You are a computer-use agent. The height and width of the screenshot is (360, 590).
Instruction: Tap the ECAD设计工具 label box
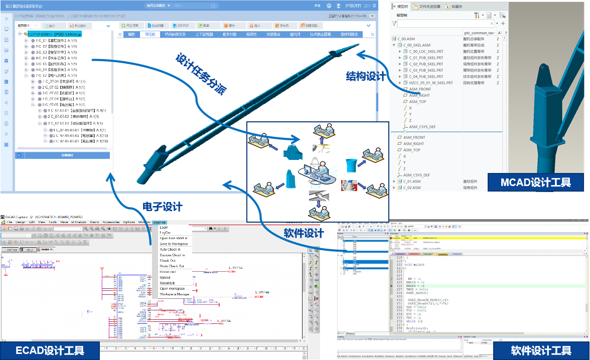50,350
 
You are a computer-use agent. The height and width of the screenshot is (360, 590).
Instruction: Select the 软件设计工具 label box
541,350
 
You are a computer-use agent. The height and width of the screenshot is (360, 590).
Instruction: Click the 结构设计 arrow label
366,76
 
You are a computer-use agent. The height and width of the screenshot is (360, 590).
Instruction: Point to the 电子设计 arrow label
163,206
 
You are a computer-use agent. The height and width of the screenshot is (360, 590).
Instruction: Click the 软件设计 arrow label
304,233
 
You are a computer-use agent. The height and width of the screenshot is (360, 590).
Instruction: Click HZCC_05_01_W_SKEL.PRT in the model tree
431,83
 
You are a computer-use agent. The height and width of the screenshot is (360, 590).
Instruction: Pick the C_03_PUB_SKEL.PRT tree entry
426,70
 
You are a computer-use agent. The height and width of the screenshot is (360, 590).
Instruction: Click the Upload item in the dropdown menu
165,277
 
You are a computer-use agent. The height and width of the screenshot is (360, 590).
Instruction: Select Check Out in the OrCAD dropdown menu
168,261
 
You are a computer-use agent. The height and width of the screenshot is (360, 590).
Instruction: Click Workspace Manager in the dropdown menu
175,294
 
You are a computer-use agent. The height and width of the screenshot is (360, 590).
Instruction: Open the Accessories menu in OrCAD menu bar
111,222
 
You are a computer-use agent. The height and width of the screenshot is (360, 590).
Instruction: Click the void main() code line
411,264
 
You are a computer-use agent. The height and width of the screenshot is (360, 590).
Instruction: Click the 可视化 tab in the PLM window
150,35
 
